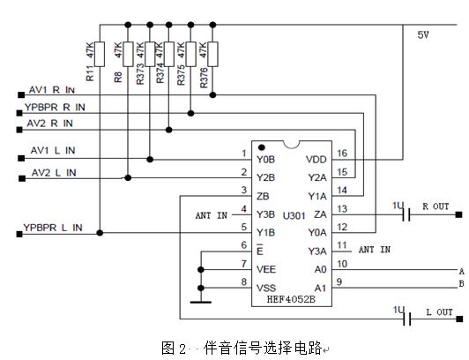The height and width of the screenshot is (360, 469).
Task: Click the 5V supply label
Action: (424, 34)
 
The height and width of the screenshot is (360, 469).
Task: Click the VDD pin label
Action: (315, 159)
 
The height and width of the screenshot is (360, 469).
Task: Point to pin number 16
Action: (343, 154)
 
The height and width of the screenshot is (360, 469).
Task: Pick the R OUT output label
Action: (435, 206)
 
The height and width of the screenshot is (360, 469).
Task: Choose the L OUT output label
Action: (438, 312)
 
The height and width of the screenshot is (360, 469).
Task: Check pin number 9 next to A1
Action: (341, 282)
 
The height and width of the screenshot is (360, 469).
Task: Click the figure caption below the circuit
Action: (242, 347)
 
